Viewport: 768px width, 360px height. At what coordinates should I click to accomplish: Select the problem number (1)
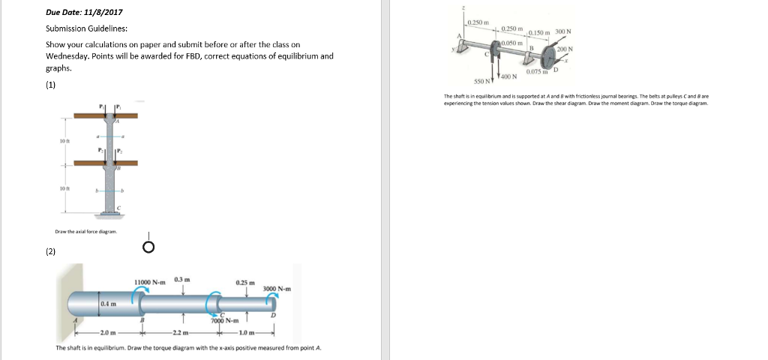[x=51, y=85]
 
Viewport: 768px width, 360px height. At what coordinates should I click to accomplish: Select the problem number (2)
[x=51, y=251]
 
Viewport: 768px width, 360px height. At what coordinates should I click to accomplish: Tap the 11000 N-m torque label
[x=150, y=282]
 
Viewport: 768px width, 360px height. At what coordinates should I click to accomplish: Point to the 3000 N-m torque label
[x=277, y=289]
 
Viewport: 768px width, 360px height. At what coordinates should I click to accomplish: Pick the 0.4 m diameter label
[x=109, y=303]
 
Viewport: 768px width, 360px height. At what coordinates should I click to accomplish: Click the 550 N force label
[x=481, y=79]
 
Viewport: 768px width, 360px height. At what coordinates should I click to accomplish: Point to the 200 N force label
[x=565, y=49]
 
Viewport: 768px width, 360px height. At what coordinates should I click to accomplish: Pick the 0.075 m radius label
[x=538, y=72]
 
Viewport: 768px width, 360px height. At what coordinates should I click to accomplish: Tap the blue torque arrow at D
[x=273, y=300]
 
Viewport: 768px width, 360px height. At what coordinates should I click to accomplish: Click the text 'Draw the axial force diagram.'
[x=86, y=232]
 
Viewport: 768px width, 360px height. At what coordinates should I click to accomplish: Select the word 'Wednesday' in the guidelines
[x=68, y=56]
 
